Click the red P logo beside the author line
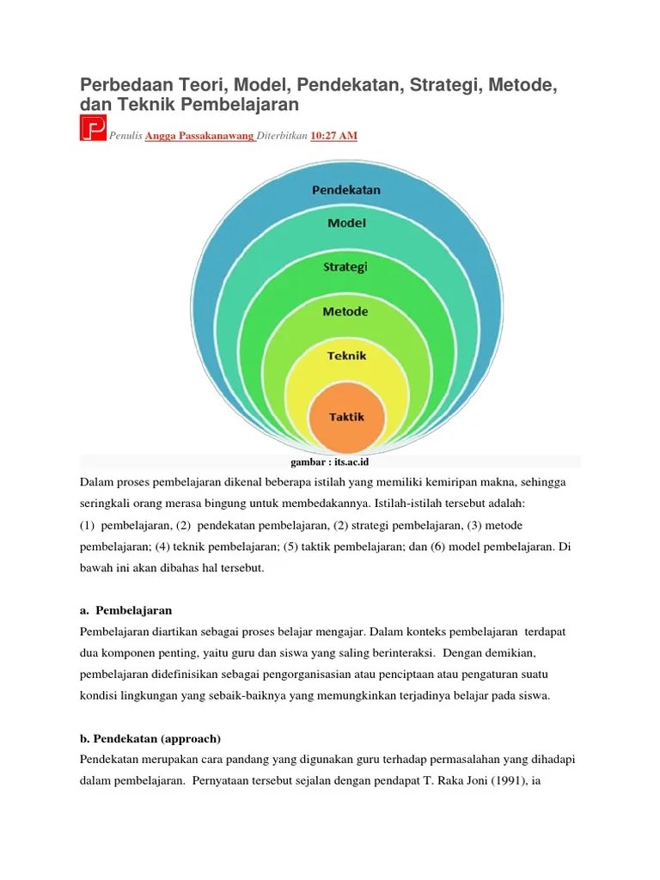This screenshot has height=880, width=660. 93,128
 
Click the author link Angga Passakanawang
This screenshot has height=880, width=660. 199,136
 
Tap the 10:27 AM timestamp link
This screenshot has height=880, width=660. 333,136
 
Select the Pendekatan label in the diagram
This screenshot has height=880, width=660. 345,189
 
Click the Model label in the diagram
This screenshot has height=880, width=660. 346,223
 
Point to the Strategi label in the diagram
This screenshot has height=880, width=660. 345,266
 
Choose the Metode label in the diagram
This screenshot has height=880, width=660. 345,311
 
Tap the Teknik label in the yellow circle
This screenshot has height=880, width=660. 346,355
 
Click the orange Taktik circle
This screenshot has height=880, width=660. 346,417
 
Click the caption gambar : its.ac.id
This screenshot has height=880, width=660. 330,462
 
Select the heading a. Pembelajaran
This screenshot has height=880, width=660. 125,610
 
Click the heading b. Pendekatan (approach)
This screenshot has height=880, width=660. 151,739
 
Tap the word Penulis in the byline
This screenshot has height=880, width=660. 125,136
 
